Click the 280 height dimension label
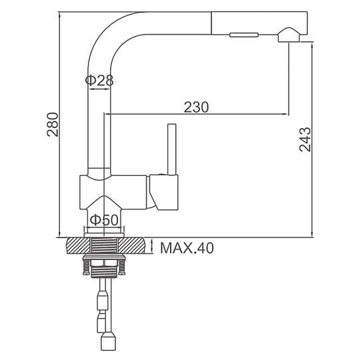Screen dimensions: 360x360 click(53, 125)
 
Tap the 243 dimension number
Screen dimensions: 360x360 click(305, 139)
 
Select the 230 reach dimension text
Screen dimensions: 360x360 click(196, 107)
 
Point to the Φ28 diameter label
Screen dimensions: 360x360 click(99, 81)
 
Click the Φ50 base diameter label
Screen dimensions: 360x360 click(104, 220)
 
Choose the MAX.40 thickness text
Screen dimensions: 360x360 click(187, 248)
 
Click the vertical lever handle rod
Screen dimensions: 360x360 click(172, 149)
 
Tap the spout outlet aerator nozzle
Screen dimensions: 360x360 click(289, 35)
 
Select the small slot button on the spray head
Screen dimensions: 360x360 click(244, 35)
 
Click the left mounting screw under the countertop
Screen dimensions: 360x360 click(86, 266)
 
